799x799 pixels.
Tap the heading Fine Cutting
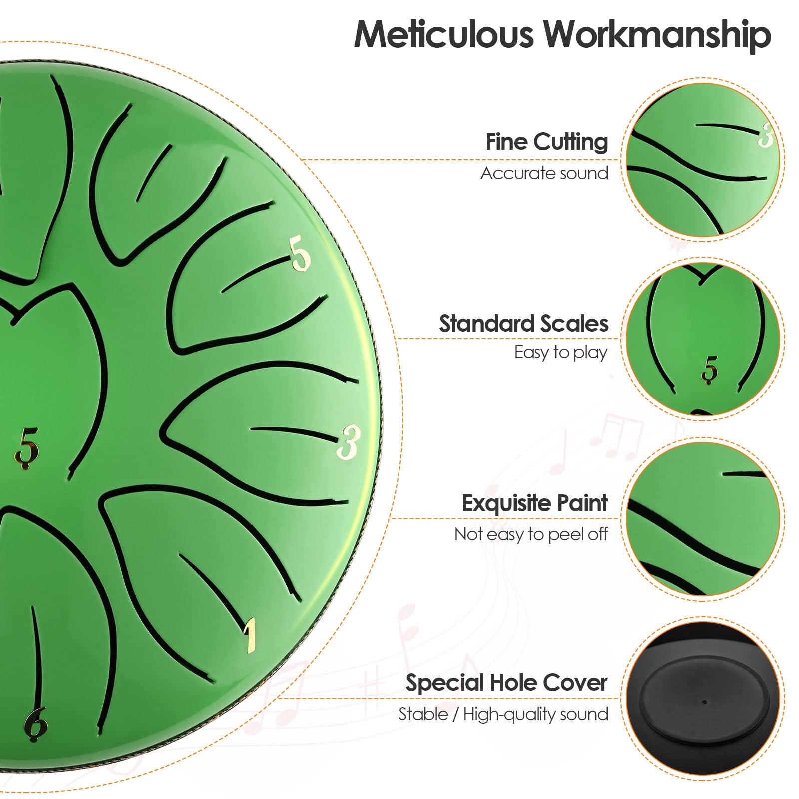[547, 142]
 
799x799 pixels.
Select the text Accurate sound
[544, 173]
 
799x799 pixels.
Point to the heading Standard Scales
[524, 324]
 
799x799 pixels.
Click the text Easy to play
[561, 353]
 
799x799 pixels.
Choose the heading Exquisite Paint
[534, 503]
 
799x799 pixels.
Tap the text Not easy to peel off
[531, 534]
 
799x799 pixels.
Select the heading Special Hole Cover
[506, 683]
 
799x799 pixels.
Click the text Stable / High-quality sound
[503, 714]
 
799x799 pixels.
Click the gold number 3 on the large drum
[348, 442]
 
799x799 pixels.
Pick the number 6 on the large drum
[36, 724]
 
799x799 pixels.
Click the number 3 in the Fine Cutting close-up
[766, 135]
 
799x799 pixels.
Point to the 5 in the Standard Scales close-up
[709, 370]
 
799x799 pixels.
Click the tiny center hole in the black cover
[704, 702]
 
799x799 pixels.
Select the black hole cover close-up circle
[703, 698]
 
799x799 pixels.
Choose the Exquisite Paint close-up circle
[703, 518]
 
